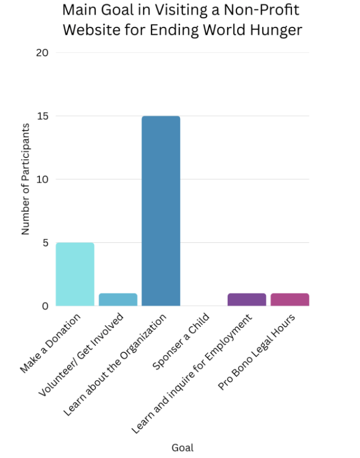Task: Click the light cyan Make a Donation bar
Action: (x=75, y=274)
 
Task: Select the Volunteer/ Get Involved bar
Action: (x=118, y=300)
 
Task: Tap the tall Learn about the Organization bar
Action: (x=161, y=211)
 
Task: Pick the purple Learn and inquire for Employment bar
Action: (x=247, y=300)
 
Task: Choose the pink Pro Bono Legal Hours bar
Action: (x=290, y=300)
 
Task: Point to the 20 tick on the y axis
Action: (x=42, y=53)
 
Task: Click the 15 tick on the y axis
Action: (x=42, y=116)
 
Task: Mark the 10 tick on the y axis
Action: (x=42, y=179)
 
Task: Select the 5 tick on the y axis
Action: (x=45, y=243)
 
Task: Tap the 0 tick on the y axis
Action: (x=45, y=306)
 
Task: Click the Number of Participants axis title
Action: (x=25, y=179)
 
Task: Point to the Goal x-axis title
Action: (x=182, y=448)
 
